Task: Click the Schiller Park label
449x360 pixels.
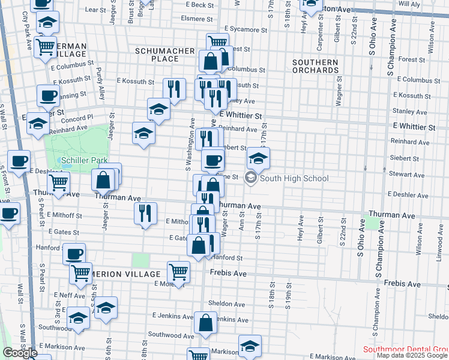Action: (x=83, y=161)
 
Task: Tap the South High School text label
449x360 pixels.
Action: (x=295, y=178)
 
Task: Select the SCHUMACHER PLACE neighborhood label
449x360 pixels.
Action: (x=165, y=55)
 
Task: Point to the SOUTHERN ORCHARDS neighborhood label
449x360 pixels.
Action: (x=316, y=66)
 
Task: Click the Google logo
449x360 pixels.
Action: (x=19, y=353)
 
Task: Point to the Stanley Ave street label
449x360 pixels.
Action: (x=408, y=111)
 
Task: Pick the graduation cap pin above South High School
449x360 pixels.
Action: (x=258, y=159)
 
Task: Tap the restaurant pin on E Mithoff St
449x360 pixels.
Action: (x=145, y=214)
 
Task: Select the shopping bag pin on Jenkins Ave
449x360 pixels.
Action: (x=206, y=322)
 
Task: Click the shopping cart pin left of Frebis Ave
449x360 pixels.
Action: (x=179, y=271)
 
